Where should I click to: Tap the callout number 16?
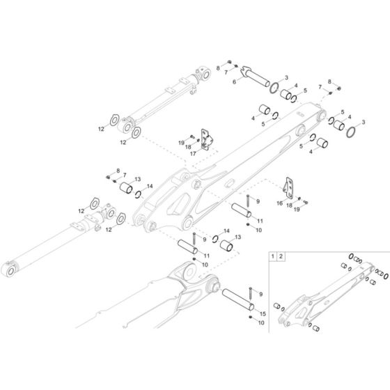point(279,203)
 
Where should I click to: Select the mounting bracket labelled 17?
point(206,138)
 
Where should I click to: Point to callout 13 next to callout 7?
point(137,179)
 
